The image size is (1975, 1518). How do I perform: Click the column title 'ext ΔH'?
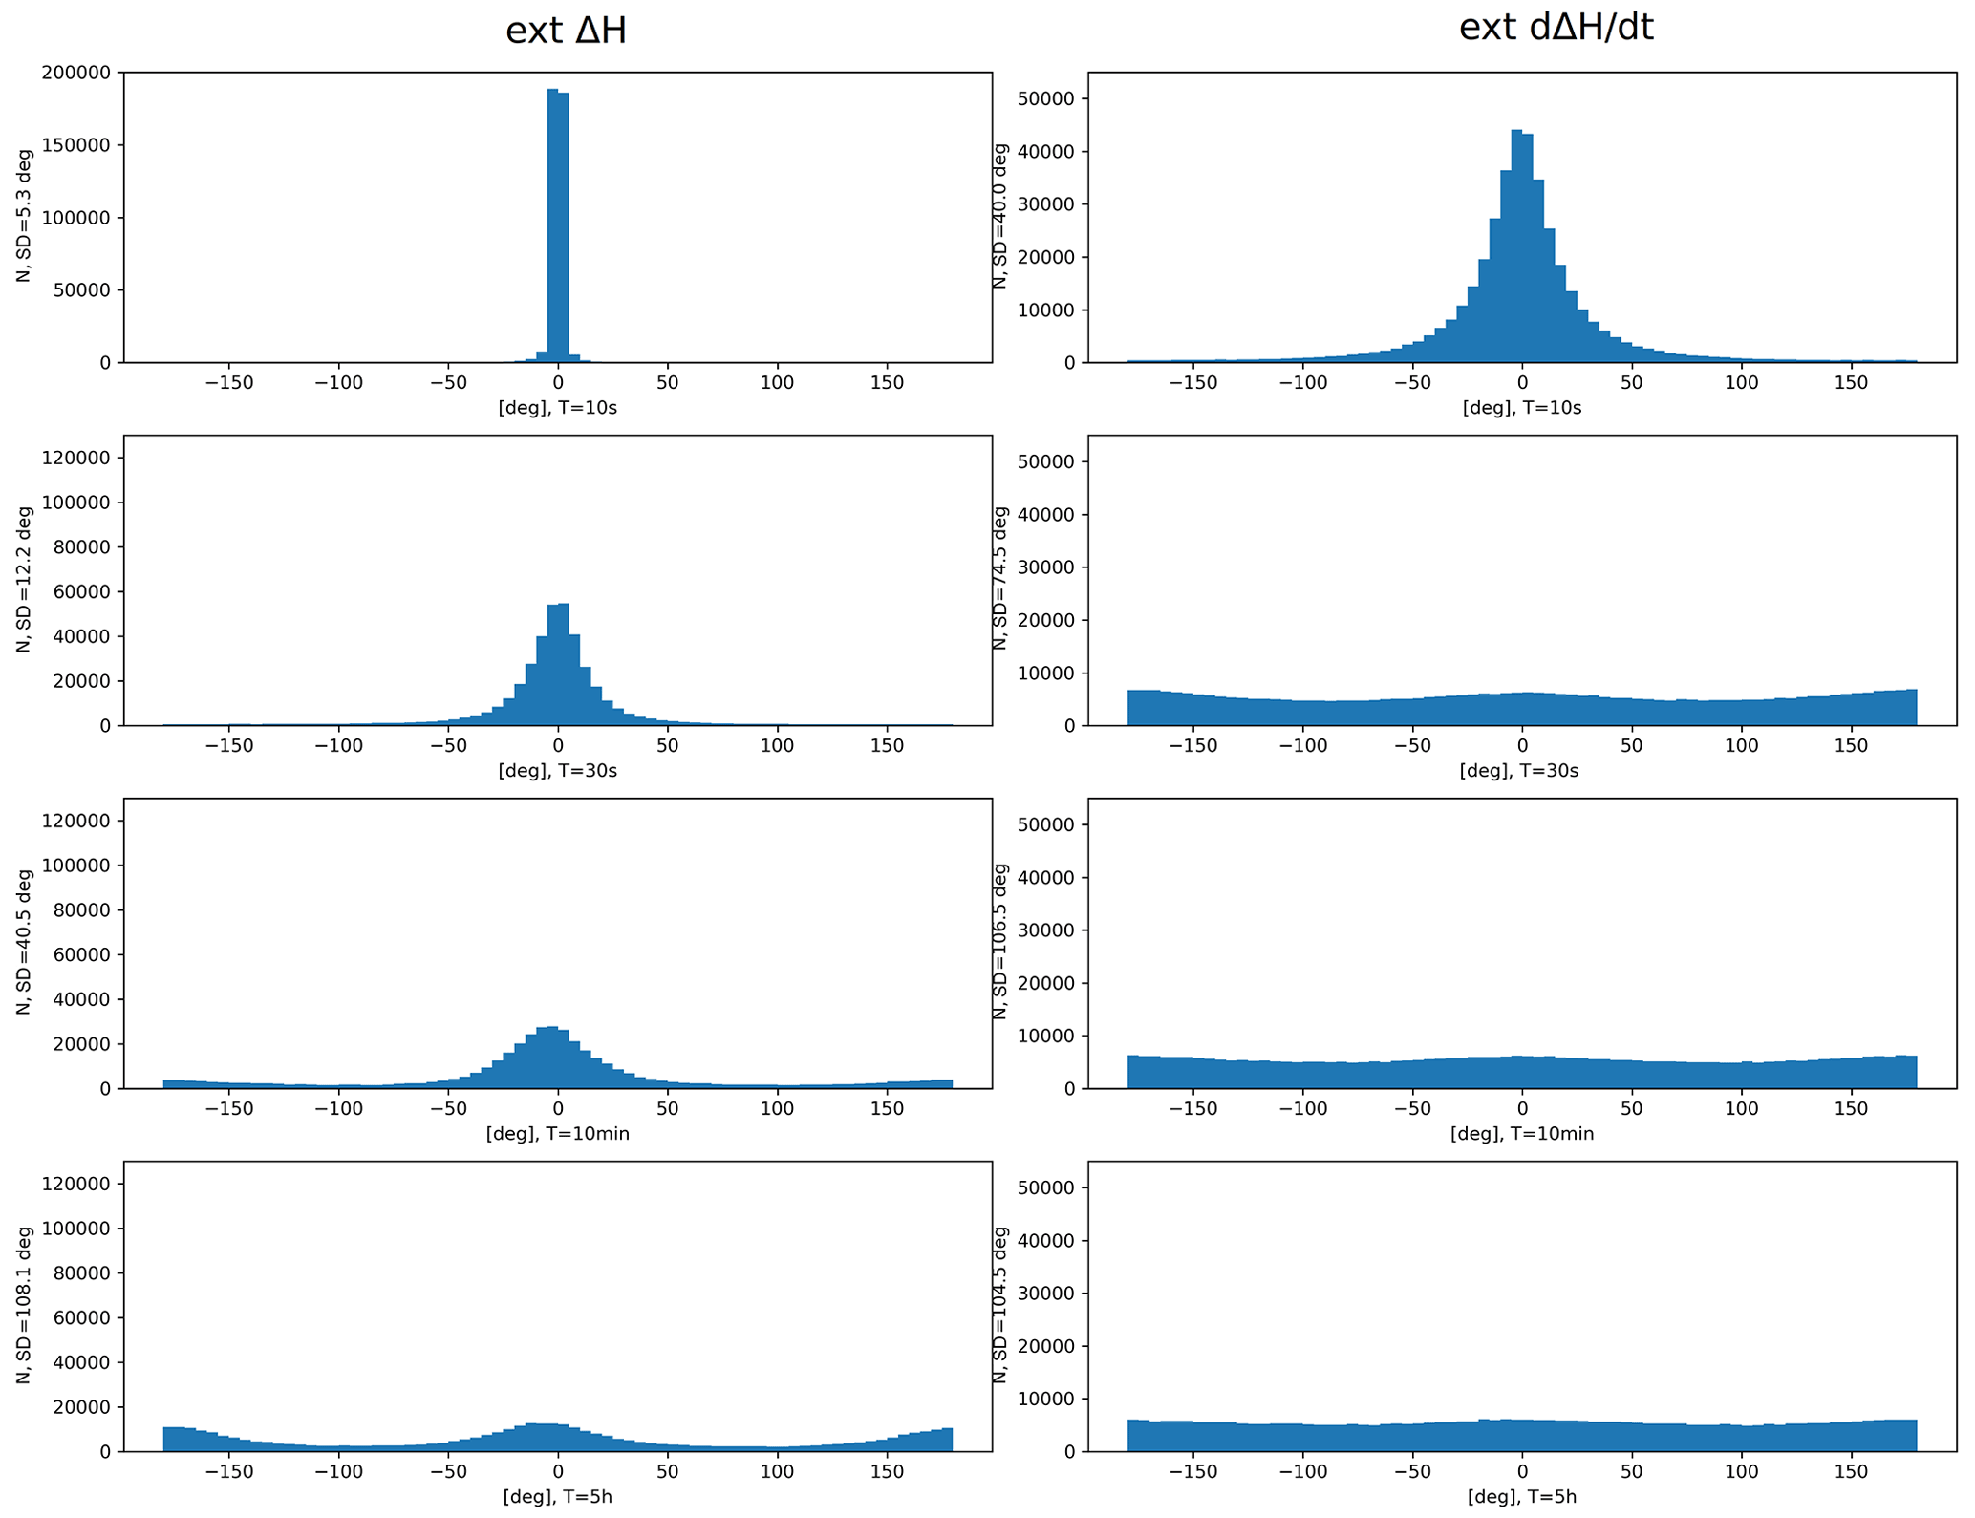click(566, 32)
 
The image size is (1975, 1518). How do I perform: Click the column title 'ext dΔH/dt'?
click(1556, 28)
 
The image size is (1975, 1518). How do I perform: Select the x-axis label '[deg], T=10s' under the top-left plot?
click(557, 408)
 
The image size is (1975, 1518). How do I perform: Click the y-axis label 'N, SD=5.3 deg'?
click(24, 215)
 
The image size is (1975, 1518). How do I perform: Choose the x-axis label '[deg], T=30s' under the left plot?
click(557, 771)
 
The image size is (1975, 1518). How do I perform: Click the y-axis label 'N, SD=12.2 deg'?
click(24, 579)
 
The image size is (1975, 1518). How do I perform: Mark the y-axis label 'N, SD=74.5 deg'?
click(1000, 579)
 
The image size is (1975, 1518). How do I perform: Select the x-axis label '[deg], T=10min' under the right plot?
click(1522, 1134)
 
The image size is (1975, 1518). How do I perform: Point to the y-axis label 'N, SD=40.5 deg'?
click(24, 942)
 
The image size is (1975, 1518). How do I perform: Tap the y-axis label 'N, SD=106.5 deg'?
click(1000, 942)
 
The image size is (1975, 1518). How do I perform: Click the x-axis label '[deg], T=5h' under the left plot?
click(557, 1497)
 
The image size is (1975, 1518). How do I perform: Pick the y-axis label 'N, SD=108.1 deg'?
click(24, 1305)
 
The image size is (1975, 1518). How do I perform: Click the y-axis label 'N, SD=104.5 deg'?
click(1000, 1305)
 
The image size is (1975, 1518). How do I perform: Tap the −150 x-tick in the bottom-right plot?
click(1193, 1472)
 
